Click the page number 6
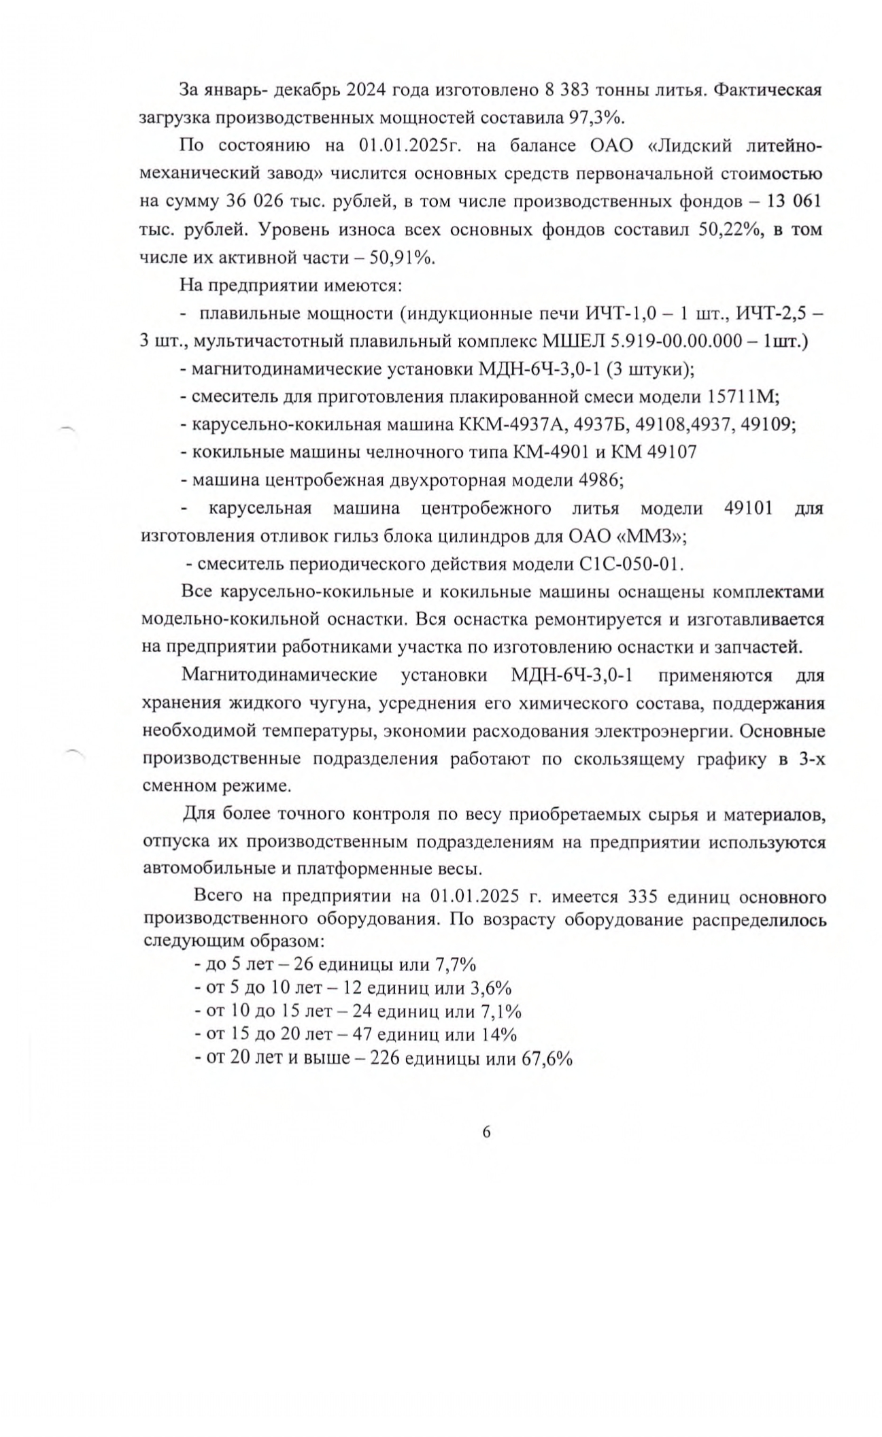486,1132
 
